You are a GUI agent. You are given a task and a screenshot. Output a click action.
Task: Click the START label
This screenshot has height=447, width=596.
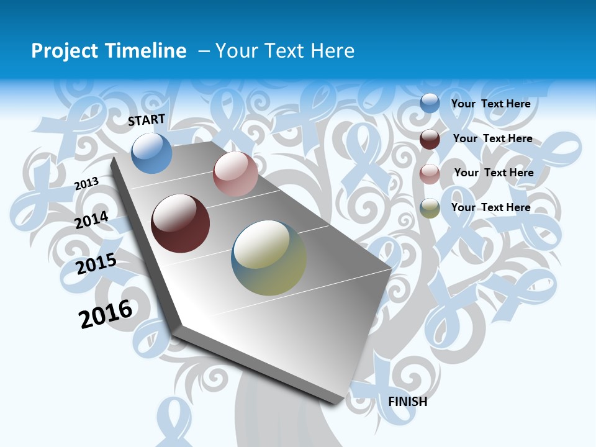(147, 120)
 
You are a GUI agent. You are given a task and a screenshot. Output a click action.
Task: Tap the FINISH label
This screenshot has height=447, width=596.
(408, 402)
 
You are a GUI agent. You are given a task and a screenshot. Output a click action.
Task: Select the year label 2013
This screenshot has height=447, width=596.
(86, 183)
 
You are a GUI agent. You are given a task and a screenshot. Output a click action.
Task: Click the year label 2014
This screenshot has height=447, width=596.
(91, 220)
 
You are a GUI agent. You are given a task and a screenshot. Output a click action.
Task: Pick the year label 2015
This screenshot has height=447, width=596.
(96, 263)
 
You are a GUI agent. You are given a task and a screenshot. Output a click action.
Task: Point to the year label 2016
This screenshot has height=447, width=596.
(106, 314)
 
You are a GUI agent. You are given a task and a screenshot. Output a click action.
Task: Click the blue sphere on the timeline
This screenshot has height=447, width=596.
(152, 153)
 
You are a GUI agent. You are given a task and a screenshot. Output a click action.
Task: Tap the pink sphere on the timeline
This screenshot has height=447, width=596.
(235, 174)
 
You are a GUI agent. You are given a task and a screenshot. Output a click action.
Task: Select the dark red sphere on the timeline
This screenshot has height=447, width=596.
(181, 223)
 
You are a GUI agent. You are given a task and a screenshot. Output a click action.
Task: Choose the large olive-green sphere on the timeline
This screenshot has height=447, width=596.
(269, 258)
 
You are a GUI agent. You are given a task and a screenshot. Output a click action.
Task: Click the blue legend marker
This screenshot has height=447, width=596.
(430, 104)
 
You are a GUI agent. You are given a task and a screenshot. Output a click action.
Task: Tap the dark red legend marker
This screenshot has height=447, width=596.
(430, 139)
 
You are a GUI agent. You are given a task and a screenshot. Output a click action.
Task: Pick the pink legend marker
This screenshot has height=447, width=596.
(430, 174)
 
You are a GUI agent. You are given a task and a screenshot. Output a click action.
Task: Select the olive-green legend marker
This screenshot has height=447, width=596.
(430, 208)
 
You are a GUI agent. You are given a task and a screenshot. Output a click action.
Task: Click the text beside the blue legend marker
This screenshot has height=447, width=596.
(490, 104)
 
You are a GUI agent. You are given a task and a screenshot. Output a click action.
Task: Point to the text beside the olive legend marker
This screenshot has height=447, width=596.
(490, 207)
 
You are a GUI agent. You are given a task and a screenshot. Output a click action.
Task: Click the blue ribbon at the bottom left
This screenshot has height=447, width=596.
(173, 422)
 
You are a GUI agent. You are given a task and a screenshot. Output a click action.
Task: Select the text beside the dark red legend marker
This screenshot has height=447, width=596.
(492, 138)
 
